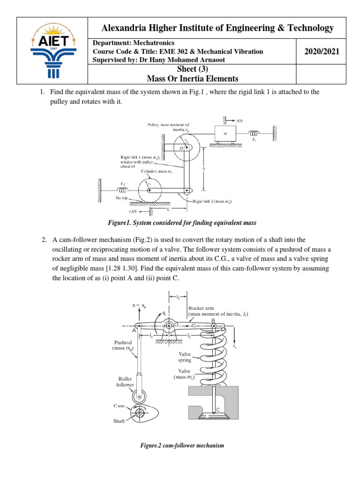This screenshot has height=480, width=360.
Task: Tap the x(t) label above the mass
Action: tap(239, 121)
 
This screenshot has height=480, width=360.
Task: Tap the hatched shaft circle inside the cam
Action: tap(141, 414)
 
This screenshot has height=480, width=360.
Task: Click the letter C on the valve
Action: tap(218, 410)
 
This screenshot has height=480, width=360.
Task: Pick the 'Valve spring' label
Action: tap(185, 357)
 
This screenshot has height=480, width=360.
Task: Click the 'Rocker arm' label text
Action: tap(201, 308)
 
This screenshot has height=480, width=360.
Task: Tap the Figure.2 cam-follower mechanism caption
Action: tap(182, 445)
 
